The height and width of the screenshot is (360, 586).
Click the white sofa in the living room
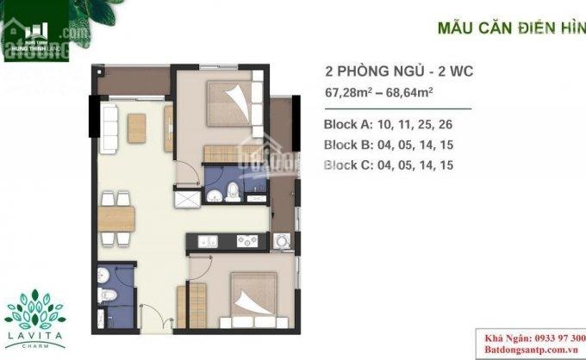point(109,127)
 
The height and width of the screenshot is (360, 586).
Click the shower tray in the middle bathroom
point(184,198)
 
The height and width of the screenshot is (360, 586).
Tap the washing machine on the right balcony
point(282,244)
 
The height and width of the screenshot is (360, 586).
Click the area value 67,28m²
point(356,91)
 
